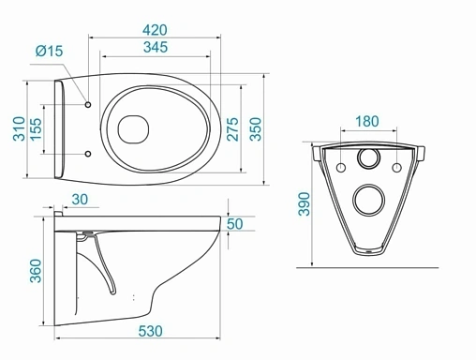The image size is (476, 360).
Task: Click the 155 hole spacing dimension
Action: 37,127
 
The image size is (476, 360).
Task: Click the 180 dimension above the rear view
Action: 369,121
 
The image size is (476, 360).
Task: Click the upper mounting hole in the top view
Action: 87,104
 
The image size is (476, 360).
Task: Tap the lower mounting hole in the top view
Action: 87,153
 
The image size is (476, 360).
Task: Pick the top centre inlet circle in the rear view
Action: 369,162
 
